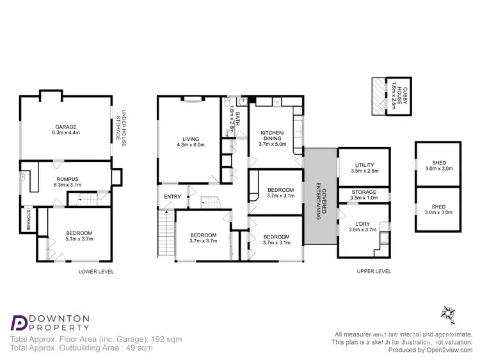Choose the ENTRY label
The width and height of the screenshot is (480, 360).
[172, 196]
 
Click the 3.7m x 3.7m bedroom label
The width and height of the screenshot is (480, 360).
[204, 238]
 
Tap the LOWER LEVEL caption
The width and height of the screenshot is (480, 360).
[96, 271]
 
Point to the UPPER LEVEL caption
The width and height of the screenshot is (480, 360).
[374, 271]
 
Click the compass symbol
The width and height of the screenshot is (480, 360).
[447, 313]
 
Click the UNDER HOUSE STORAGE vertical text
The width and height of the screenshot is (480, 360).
[121, 126]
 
